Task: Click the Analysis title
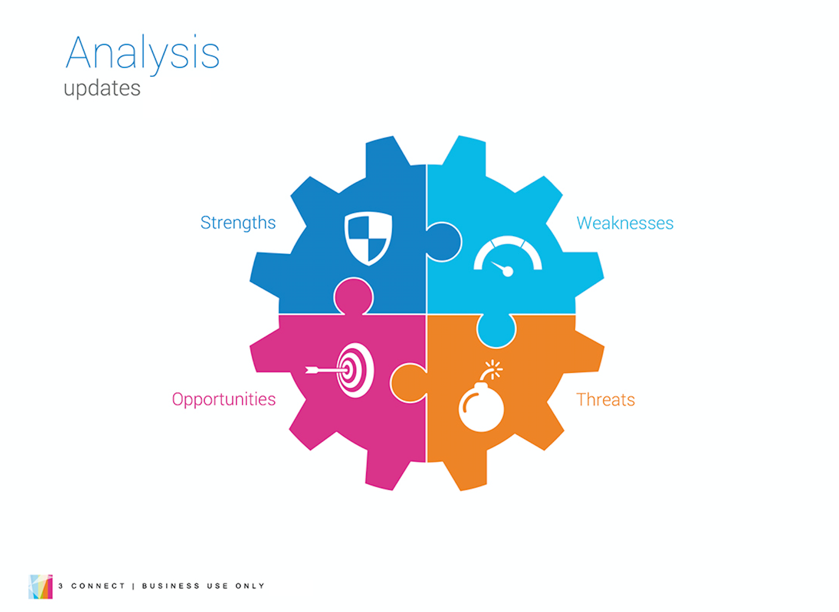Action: [143, 54]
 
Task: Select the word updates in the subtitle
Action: [102, 89]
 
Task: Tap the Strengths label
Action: [238, 223]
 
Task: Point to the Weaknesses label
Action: [625, 224]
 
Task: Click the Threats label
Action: [606, 400]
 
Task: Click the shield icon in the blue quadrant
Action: [368, 239]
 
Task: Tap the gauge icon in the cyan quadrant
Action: [508, 256]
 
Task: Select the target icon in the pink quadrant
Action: [340, 370]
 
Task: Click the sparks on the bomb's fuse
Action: [494, 368]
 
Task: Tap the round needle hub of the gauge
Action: [508, 272]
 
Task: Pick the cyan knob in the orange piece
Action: [496, 329]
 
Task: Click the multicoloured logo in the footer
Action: [40, 587]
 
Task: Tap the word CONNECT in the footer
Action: [98, 586]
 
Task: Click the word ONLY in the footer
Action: [250, 586]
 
